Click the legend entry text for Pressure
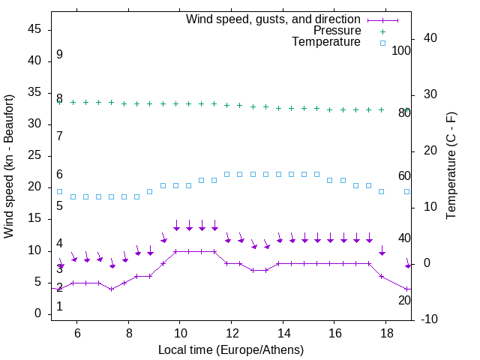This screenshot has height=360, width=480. click(337, 31)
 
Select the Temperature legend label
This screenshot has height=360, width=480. click(326, 42)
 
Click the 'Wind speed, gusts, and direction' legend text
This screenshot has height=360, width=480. click(274, 19)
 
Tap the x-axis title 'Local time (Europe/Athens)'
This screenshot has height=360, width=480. click(232, 349)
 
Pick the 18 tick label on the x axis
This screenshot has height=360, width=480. click(386, 332)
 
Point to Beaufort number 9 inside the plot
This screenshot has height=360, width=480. click(59, 55)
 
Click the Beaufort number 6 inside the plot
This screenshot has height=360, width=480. click(59, 175)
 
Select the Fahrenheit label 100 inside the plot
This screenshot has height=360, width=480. click(402, 50)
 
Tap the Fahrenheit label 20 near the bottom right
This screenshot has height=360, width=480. click(404, 300)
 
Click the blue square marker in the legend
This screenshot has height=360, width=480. click(382, 43)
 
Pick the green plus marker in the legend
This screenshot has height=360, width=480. click(382, 31)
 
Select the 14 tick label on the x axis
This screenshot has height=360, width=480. click(283, 332)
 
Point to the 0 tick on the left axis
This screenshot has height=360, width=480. click(37, 313)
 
